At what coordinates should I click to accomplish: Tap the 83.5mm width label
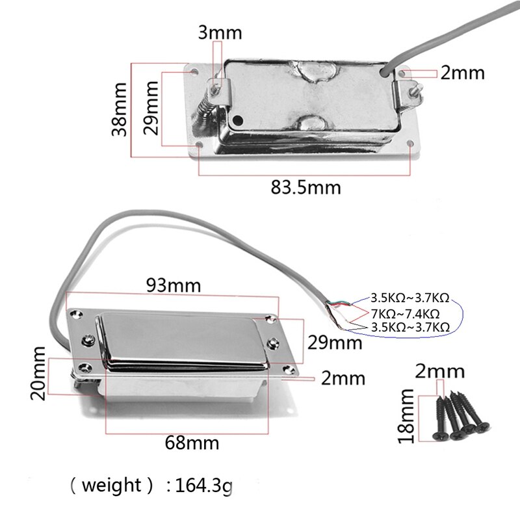click(305, 188)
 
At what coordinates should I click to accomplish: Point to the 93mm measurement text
click(174, 285)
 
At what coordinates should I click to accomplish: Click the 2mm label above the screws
click(440, 372)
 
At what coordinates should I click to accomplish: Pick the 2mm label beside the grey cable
click(462, 73)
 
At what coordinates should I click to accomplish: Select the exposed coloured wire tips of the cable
click(339, 309)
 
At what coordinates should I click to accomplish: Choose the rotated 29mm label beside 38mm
click(151, 107)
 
